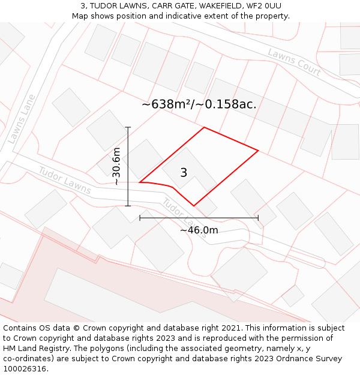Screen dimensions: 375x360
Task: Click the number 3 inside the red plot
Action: click(x=184, y=173)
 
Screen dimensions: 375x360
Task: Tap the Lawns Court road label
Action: click(x=294, y=62)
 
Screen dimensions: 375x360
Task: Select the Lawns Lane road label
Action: click(x=22, y=119)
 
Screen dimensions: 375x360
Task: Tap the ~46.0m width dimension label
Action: click(x=199, y=230)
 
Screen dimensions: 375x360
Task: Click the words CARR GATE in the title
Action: click(x=159, y=6)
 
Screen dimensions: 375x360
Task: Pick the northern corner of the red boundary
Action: click(x=204, y=127)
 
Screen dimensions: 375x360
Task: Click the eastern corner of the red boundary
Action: click(x=258, y=150)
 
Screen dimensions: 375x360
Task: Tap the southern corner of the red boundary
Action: click(x=194, y=206)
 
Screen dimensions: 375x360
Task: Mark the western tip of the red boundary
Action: click(x=140, y=182)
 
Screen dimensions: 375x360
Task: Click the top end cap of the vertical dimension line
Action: click(x=128, y=127)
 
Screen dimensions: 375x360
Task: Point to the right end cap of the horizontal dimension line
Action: click(x=258, y=218)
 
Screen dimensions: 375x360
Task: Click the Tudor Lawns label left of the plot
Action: click(x=65, y=180)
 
